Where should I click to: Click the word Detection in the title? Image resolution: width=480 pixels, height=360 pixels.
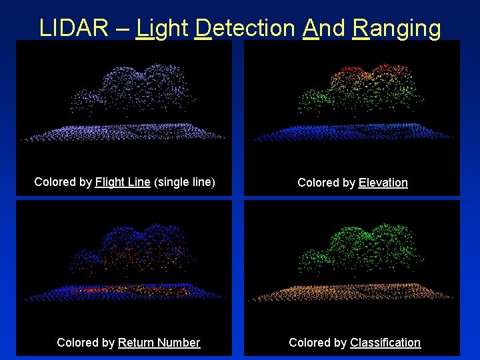(245, 28)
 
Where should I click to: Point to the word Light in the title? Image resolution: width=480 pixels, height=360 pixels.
(162, 28)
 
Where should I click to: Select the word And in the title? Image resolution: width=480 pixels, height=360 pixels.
(323, 28)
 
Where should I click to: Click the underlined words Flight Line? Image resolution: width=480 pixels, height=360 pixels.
(123, 182)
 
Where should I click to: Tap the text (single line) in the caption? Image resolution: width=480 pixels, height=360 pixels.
(185, 182)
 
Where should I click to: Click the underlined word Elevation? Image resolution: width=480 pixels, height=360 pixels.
(383, 183)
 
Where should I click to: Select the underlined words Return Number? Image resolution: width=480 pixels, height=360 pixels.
(159, 343)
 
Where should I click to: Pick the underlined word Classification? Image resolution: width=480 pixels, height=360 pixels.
(385, 343)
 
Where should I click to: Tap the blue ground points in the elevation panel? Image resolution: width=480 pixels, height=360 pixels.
(353, 131)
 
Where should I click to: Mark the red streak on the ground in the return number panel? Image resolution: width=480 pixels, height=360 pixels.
(100, 291)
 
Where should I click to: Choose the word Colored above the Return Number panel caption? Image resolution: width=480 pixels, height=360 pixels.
(77, 343)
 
